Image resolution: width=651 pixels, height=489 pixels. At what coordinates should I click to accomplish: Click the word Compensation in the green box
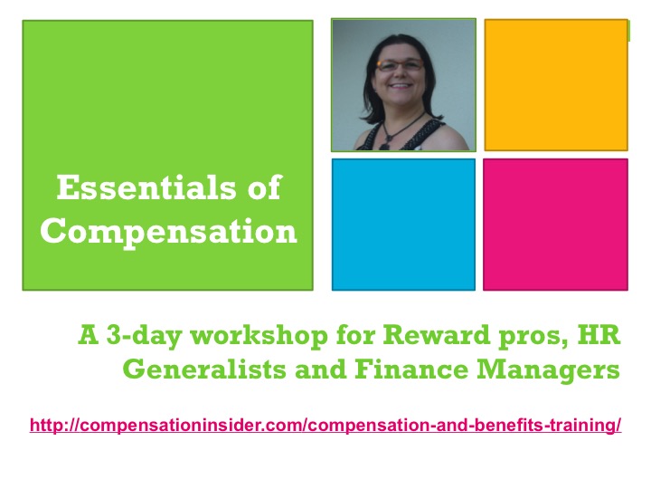[169, 232]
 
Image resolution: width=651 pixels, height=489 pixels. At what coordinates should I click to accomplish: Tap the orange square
[555, 84]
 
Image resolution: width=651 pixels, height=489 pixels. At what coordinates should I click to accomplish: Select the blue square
[403, 224]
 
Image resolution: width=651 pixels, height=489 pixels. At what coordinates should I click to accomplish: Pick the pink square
[555, 224]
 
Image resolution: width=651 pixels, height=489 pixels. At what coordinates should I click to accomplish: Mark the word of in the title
[261, 189]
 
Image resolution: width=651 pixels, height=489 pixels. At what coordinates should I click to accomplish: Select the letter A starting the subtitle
[89, 337]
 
